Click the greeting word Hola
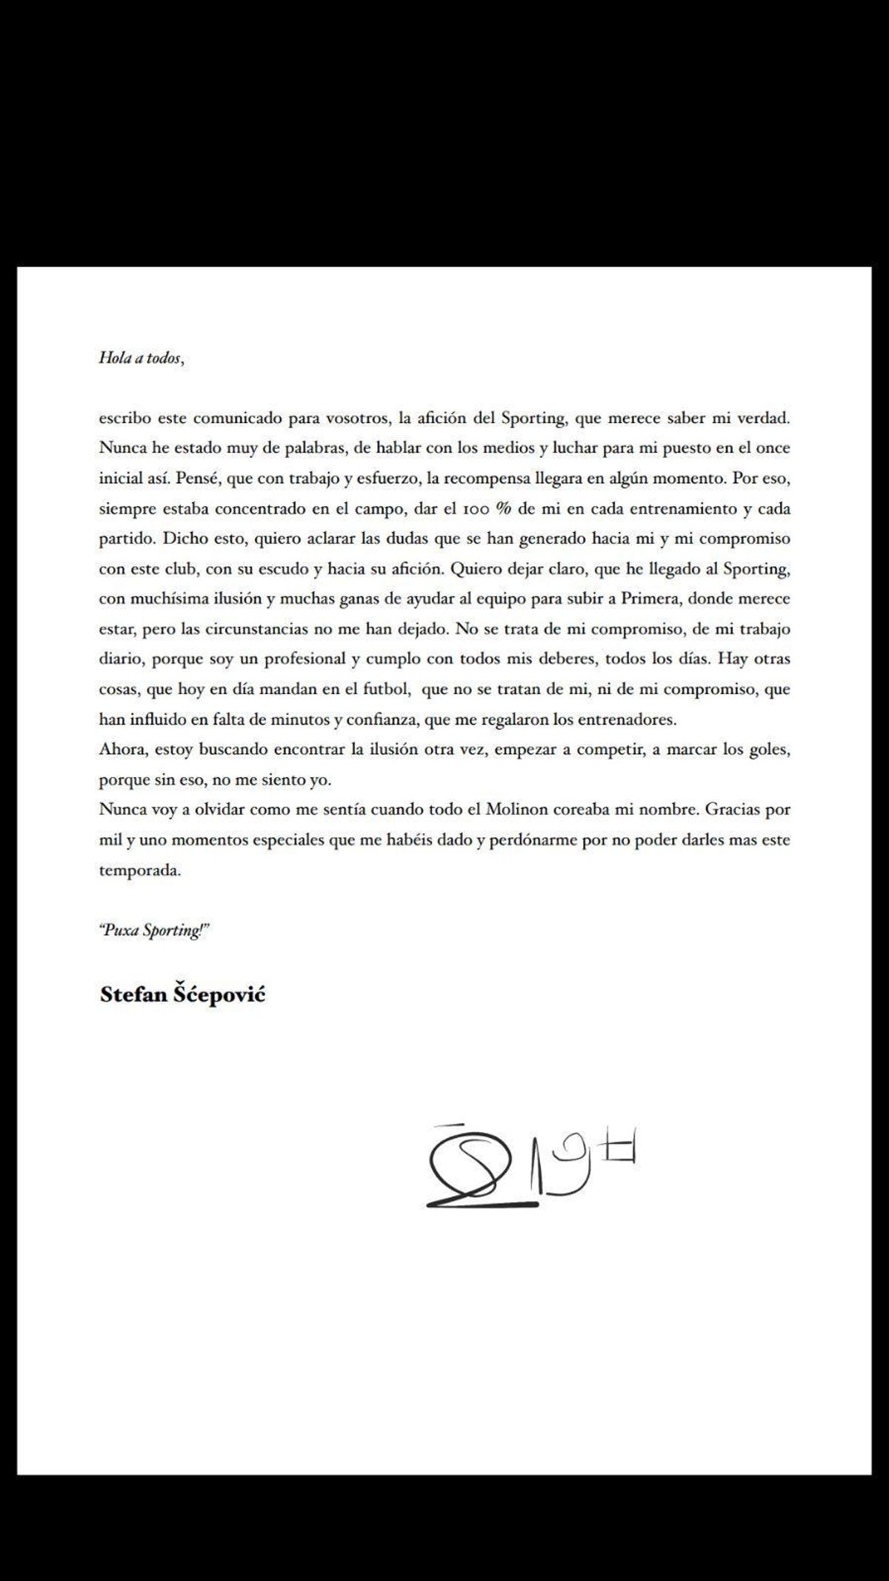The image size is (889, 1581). tap(113, 358)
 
